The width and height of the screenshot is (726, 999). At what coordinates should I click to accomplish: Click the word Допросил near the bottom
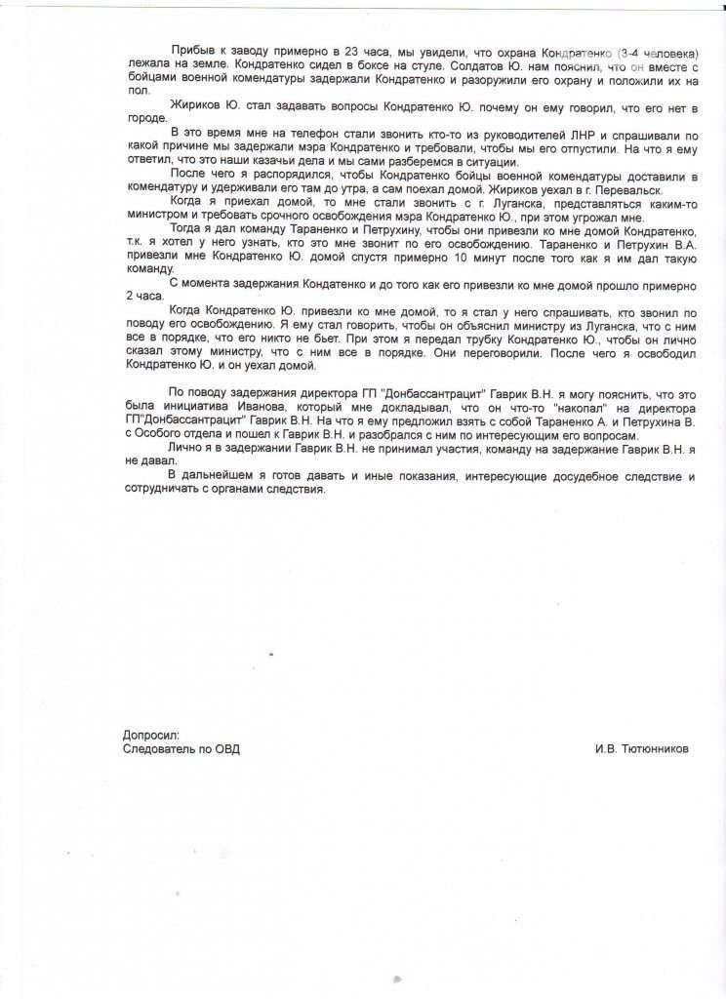151,735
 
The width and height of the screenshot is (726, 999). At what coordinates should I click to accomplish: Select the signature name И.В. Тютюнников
641,749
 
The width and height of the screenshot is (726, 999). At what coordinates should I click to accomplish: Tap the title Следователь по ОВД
181,749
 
